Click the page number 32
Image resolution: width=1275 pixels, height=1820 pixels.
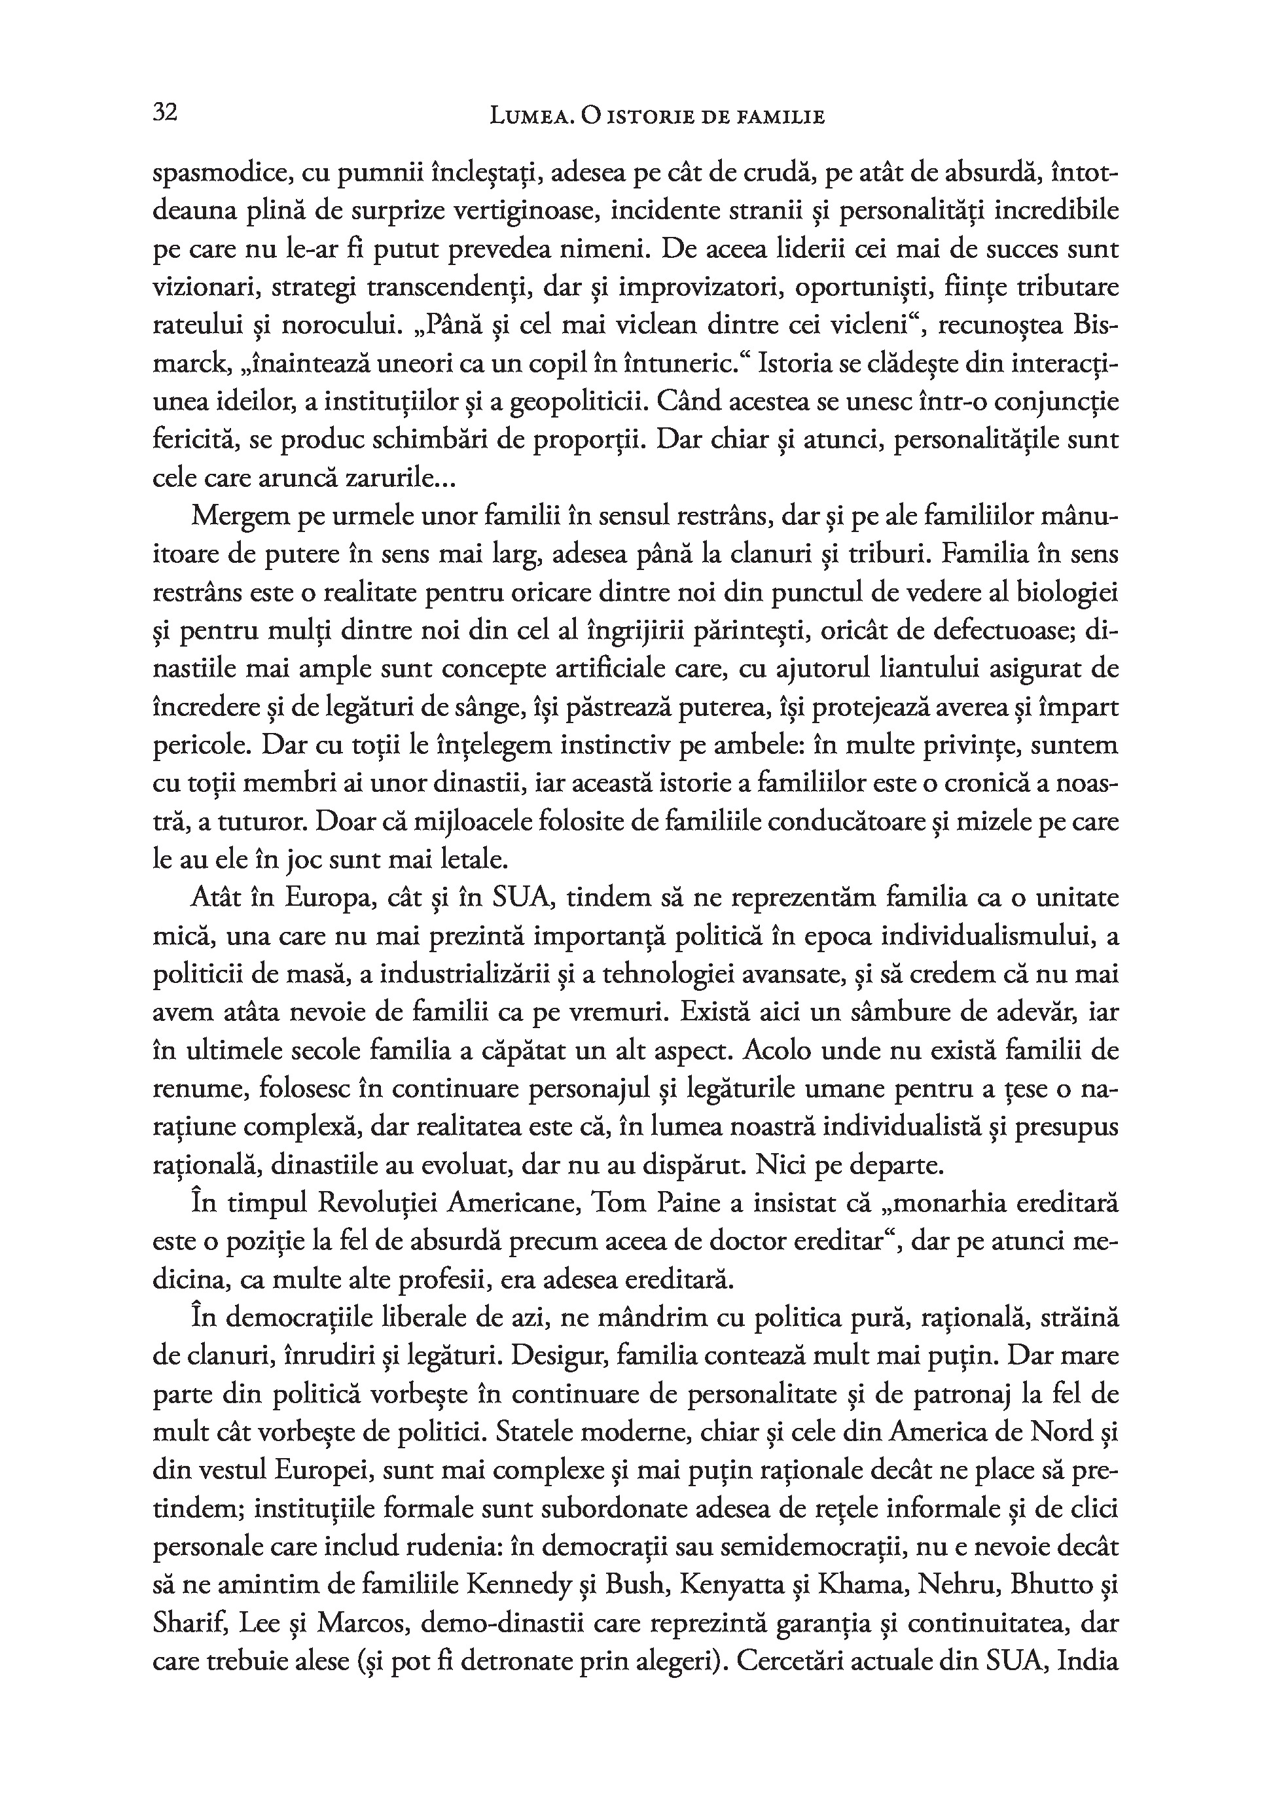[164, 113]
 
